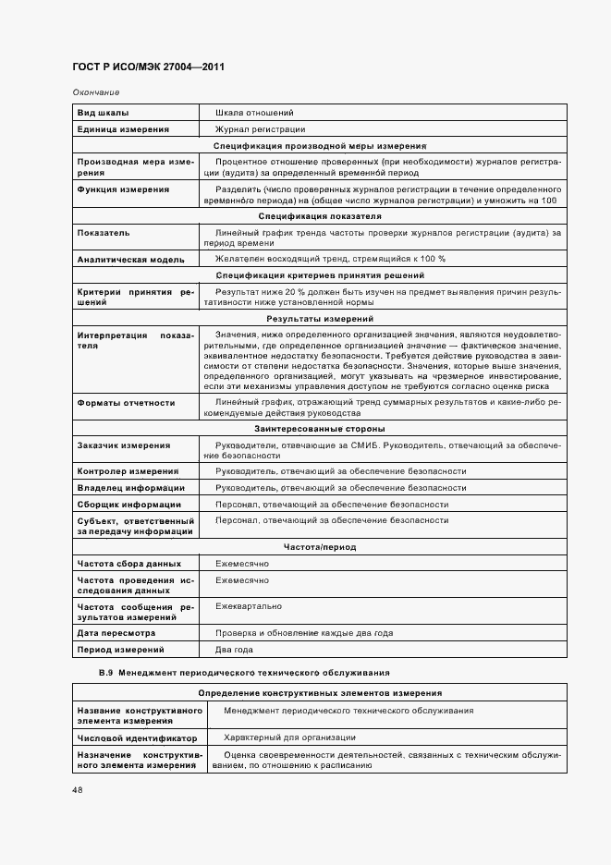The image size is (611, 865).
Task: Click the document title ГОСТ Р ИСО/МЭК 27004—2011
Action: coord(148,67)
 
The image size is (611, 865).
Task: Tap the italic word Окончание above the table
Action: coord(95,93)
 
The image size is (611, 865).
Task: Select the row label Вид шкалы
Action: coord(104,112)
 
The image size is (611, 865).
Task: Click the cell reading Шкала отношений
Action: coord(254,112)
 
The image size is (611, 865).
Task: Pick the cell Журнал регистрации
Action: coord(260,129)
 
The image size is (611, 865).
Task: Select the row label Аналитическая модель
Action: coord(130,259)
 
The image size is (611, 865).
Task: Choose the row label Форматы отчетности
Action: coord(126,403)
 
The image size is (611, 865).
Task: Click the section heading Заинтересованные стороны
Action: coord(320,429)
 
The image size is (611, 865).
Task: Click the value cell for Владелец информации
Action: coord(340,488)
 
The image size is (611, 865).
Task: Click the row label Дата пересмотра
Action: coord(116,633)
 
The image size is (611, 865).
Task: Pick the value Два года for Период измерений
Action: coord(234,650)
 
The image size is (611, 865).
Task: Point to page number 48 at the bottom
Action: coord(78,789)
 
